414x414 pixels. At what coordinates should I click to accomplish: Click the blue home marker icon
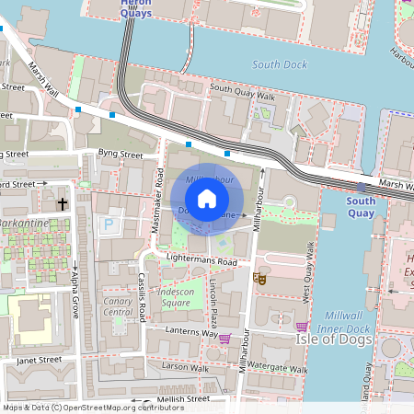pos(207,199)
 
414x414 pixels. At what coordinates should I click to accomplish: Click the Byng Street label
pos(121,155)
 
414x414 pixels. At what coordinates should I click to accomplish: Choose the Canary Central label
pos(117,306)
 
